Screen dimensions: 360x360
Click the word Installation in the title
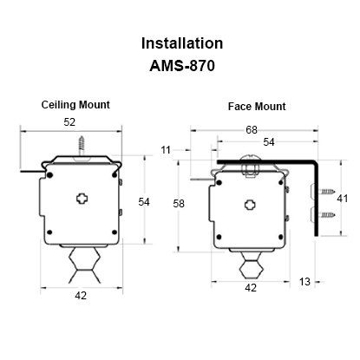(x=182, y=43)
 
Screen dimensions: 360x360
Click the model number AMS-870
(x=182, y=64)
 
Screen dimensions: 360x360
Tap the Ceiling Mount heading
(x=75, y=105)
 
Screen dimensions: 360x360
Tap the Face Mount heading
(x=257, y=107)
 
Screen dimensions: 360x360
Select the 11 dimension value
(x=165, y=151)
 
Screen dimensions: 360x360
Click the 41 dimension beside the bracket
(x=343, y=199)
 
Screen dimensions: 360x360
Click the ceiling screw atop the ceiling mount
(x=83, y=145)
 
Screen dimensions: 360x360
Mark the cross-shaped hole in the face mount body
(x=249, y=204)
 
